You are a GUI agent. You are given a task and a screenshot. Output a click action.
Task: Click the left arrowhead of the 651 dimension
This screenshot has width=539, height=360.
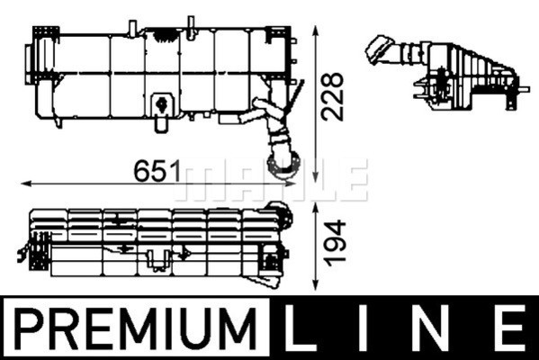click(x=23, y=184)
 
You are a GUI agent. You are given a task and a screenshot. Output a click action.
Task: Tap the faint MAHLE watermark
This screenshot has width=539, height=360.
click(x=274, y=180)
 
